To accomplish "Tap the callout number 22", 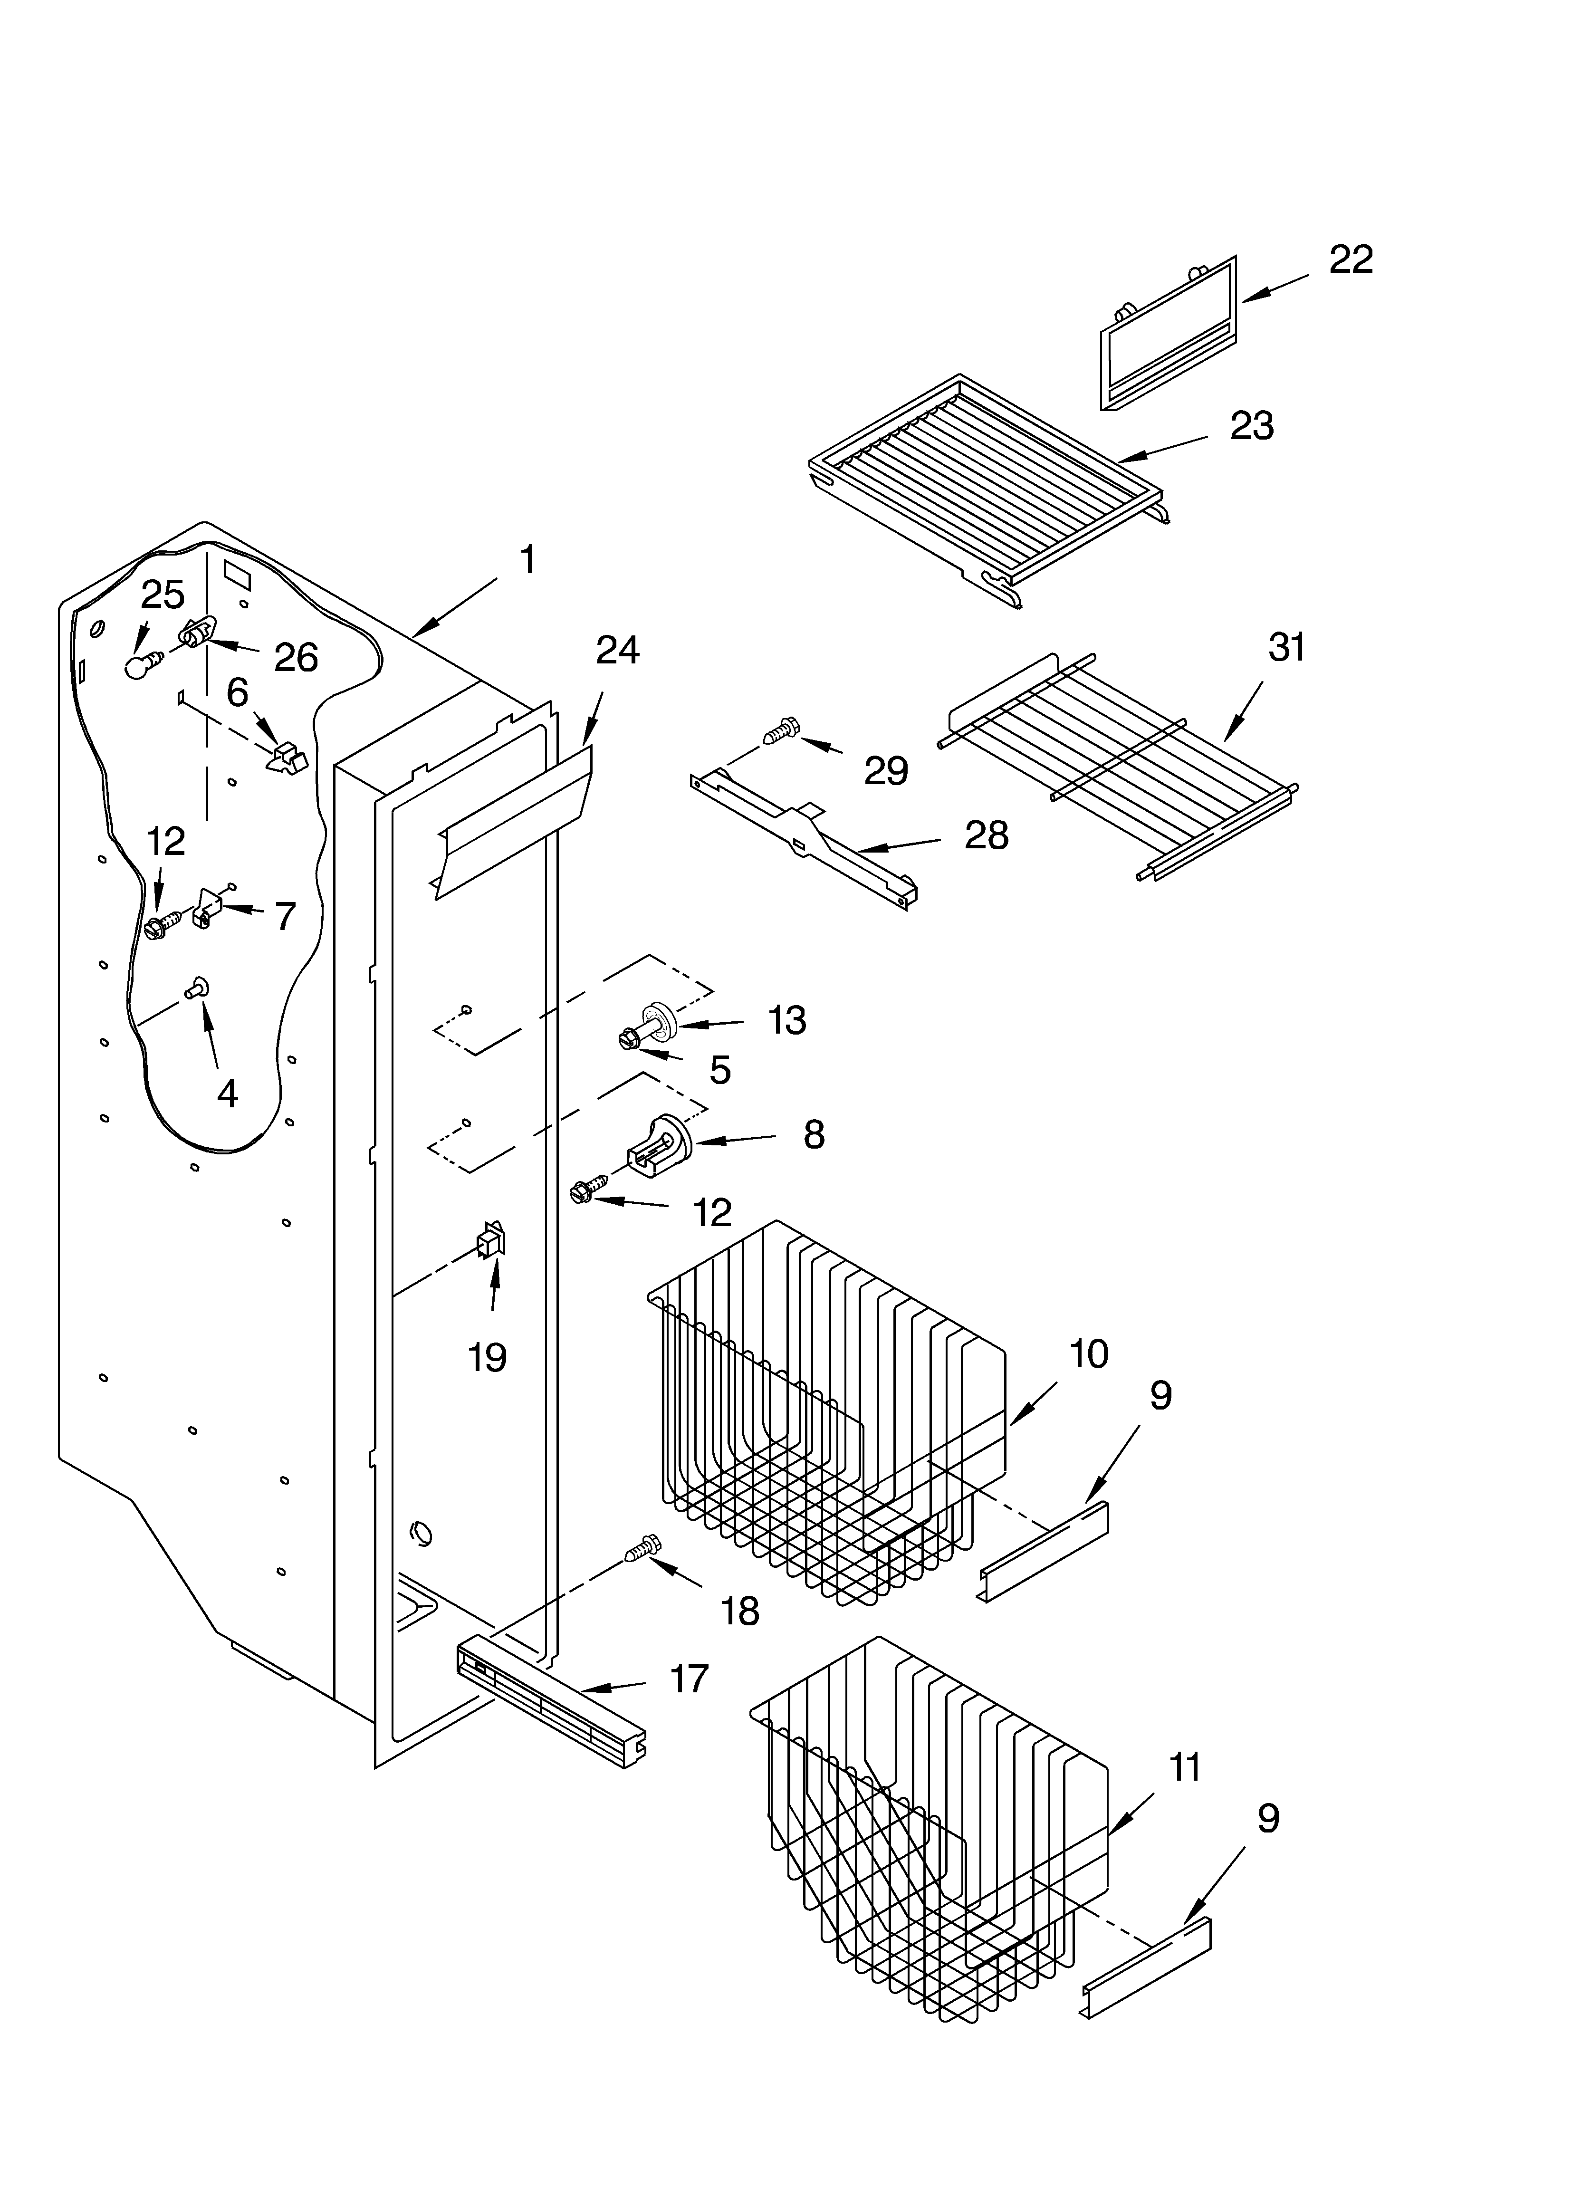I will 1351,259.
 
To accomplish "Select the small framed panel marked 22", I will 1169,332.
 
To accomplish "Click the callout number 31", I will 1287,647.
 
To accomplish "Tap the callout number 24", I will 617,650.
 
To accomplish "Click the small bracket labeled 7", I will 208,908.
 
